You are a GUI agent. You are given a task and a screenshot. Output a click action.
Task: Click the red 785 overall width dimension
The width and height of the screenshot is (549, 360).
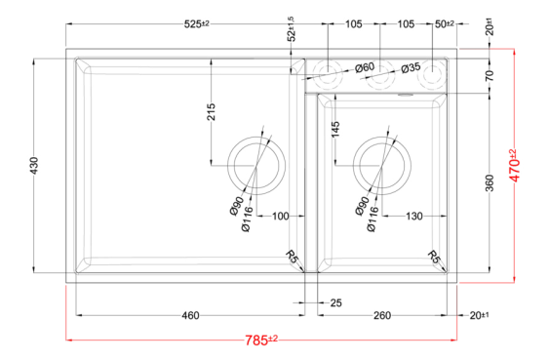tap(260, 340)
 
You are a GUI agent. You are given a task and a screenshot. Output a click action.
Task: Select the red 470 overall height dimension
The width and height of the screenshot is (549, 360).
tap(514, 165)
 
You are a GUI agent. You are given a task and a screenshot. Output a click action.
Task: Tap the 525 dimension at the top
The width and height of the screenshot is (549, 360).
tap(196, 24)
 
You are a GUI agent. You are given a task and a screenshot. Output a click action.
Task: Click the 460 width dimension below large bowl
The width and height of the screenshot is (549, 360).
tap(190, 315)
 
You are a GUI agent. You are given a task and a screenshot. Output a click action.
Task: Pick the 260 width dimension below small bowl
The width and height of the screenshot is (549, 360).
tap(382, 315)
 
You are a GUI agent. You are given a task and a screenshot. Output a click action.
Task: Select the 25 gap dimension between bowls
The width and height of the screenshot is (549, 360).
tap(335, 302)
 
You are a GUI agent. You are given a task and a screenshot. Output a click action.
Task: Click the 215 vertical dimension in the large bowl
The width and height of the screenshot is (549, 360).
tap(212, 112)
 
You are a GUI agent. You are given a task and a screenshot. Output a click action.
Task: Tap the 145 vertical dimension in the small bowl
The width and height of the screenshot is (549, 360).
tap(335, 130)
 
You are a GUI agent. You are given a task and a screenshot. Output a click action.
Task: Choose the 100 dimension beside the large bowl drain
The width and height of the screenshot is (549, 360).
tap(281, 216)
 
